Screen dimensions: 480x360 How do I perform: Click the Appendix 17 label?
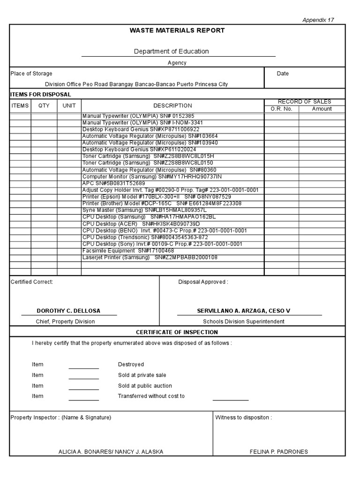(318, 20)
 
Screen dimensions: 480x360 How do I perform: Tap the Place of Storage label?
(31, 74)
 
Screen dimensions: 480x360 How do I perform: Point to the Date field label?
(283, 74)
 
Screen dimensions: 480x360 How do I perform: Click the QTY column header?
(44, 106)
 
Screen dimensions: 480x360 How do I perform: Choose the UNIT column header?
(69, 106)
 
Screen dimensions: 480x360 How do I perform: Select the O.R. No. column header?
(281, 109)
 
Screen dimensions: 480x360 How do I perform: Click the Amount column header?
(322, 109)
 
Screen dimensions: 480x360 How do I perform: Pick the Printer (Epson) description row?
(157, 197)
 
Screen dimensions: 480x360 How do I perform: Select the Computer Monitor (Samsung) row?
(152, 176)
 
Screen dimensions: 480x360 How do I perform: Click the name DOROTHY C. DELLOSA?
(68, 311)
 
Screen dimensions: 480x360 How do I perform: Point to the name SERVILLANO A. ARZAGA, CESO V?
(243, 311)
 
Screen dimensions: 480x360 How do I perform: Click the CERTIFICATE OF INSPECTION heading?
(177, 332)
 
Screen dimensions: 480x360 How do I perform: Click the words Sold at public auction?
(145, 386)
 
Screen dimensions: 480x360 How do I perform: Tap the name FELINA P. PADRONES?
(279, 452)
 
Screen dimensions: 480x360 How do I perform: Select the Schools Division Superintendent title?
(243, 322)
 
